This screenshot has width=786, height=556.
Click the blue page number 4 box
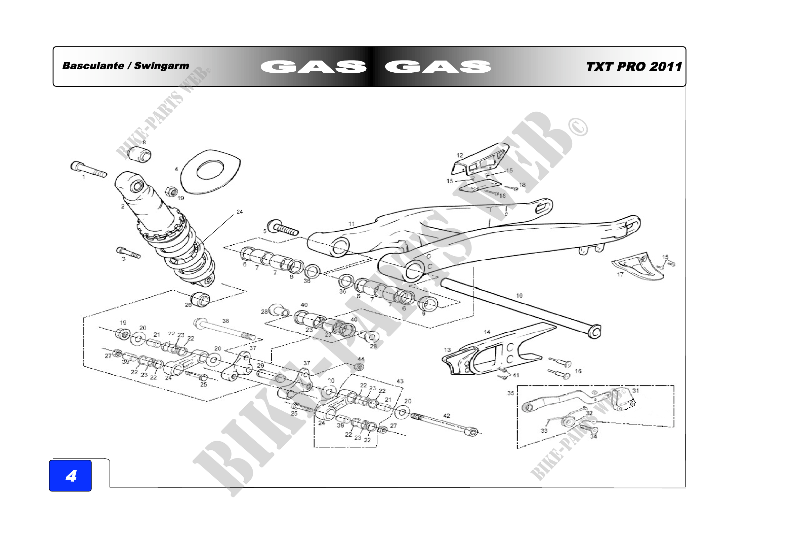point(70,476)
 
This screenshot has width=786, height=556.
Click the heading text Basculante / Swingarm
point(126,66)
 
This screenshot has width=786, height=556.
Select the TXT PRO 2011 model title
point(634,67)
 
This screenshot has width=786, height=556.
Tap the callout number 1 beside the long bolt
point(84,177)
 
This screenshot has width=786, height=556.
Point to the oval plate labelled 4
point(210,171)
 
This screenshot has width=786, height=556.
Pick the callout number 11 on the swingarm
point(351,224)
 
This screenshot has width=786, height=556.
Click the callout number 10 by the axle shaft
point(519,295)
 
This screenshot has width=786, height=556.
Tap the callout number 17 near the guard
point(620,274)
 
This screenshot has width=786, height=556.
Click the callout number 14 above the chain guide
point(487,332)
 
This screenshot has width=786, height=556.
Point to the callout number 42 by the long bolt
point(447,415)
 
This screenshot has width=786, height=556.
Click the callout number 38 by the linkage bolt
point(225,321)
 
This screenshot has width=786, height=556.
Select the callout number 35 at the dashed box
point(510,393)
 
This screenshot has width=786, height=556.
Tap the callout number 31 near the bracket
point(635,391)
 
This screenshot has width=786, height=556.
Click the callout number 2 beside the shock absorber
point(123,206)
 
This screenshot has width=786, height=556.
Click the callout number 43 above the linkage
point(400,381)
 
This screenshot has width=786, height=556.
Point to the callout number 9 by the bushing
point(423,313)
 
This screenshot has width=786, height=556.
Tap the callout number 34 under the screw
point(593,436)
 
